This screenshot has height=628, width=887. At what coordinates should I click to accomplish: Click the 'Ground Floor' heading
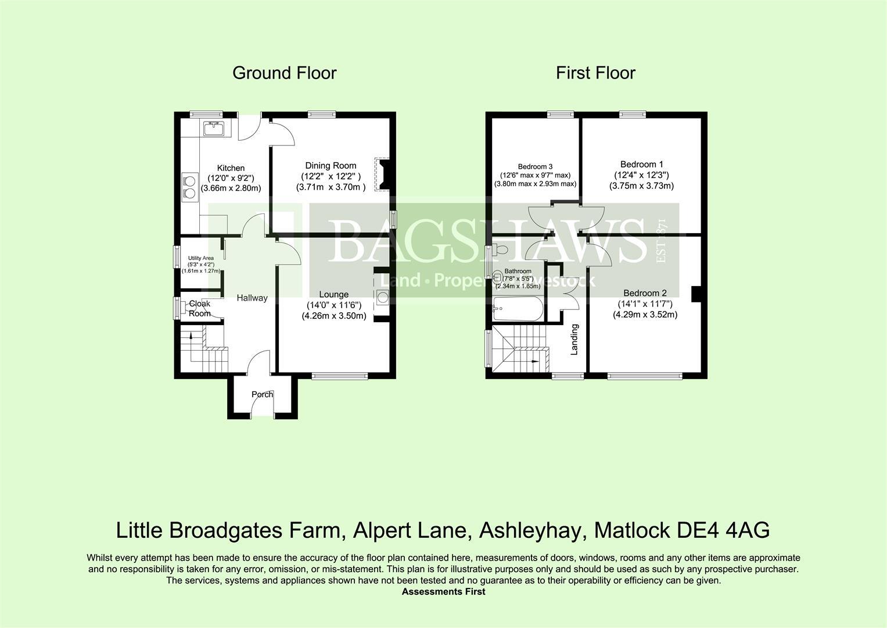click(284, 73)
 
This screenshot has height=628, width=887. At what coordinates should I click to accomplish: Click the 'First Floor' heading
click(595, 73)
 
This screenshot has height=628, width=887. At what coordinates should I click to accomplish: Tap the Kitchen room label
click(231, 168)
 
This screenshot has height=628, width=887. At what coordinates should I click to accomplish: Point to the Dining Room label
click(331, 166)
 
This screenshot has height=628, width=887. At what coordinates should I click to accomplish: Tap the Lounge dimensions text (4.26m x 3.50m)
click(333, 316)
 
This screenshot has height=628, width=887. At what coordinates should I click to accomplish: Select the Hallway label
click(252, 298)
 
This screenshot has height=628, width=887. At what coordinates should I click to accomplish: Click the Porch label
click(262, 394)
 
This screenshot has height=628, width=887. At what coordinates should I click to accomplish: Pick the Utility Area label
click(200, 258)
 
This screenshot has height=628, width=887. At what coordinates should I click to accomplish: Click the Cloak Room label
click(199, 309)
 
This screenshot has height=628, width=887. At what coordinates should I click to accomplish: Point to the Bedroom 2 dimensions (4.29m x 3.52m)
click(645, 315)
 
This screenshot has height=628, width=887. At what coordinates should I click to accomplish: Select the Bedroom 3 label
click(535, 166)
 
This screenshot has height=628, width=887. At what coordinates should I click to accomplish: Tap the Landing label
click(574, 340)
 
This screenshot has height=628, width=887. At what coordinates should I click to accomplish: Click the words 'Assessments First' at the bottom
click(443, 591)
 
